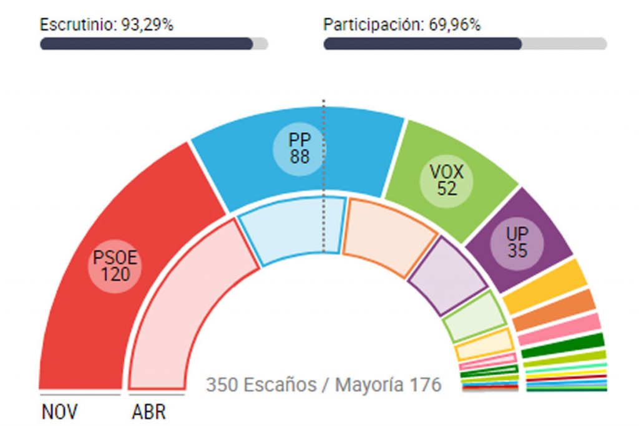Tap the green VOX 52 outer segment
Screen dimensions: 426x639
point(447,181)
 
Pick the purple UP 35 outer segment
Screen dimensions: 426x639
point(518,240)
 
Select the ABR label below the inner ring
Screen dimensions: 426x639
point(149,412)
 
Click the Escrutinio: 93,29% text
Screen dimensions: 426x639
point(107,25)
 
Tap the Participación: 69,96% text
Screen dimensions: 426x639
point(402,25)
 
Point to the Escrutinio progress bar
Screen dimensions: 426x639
point(154,44)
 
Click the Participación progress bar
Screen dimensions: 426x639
point(464,44)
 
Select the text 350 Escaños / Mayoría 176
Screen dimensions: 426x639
point(323,384)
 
